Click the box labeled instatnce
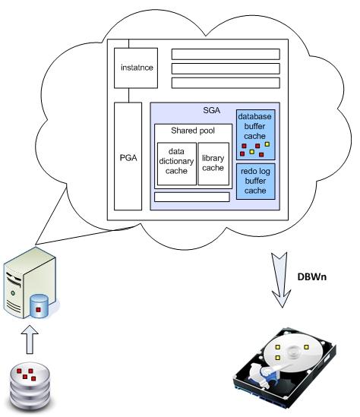(x=136, y=68)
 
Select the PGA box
(x=128, y=156)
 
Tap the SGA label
(x=212, y=110)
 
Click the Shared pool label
(x=193, y=131)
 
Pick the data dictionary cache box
(x=177, y=164)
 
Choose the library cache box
(x=213, y=164)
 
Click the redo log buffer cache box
(x=255, y=182)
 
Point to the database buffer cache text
(x=254, y=126)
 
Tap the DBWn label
(x=312, y=277)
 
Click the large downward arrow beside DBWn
(x=280, y=280)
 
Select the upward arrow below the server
(x=30, y=340)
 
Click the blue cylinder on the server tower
(x=39, y=306)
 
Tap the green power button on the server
(x=13, y=293)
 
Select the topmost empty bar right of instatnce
(x=226, y=54)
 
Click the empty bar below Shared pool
(x=192, y=197)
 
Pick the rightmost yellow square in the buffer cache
(x=267, y=144)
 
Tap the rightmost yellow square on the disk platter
(x=306, y=347)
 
